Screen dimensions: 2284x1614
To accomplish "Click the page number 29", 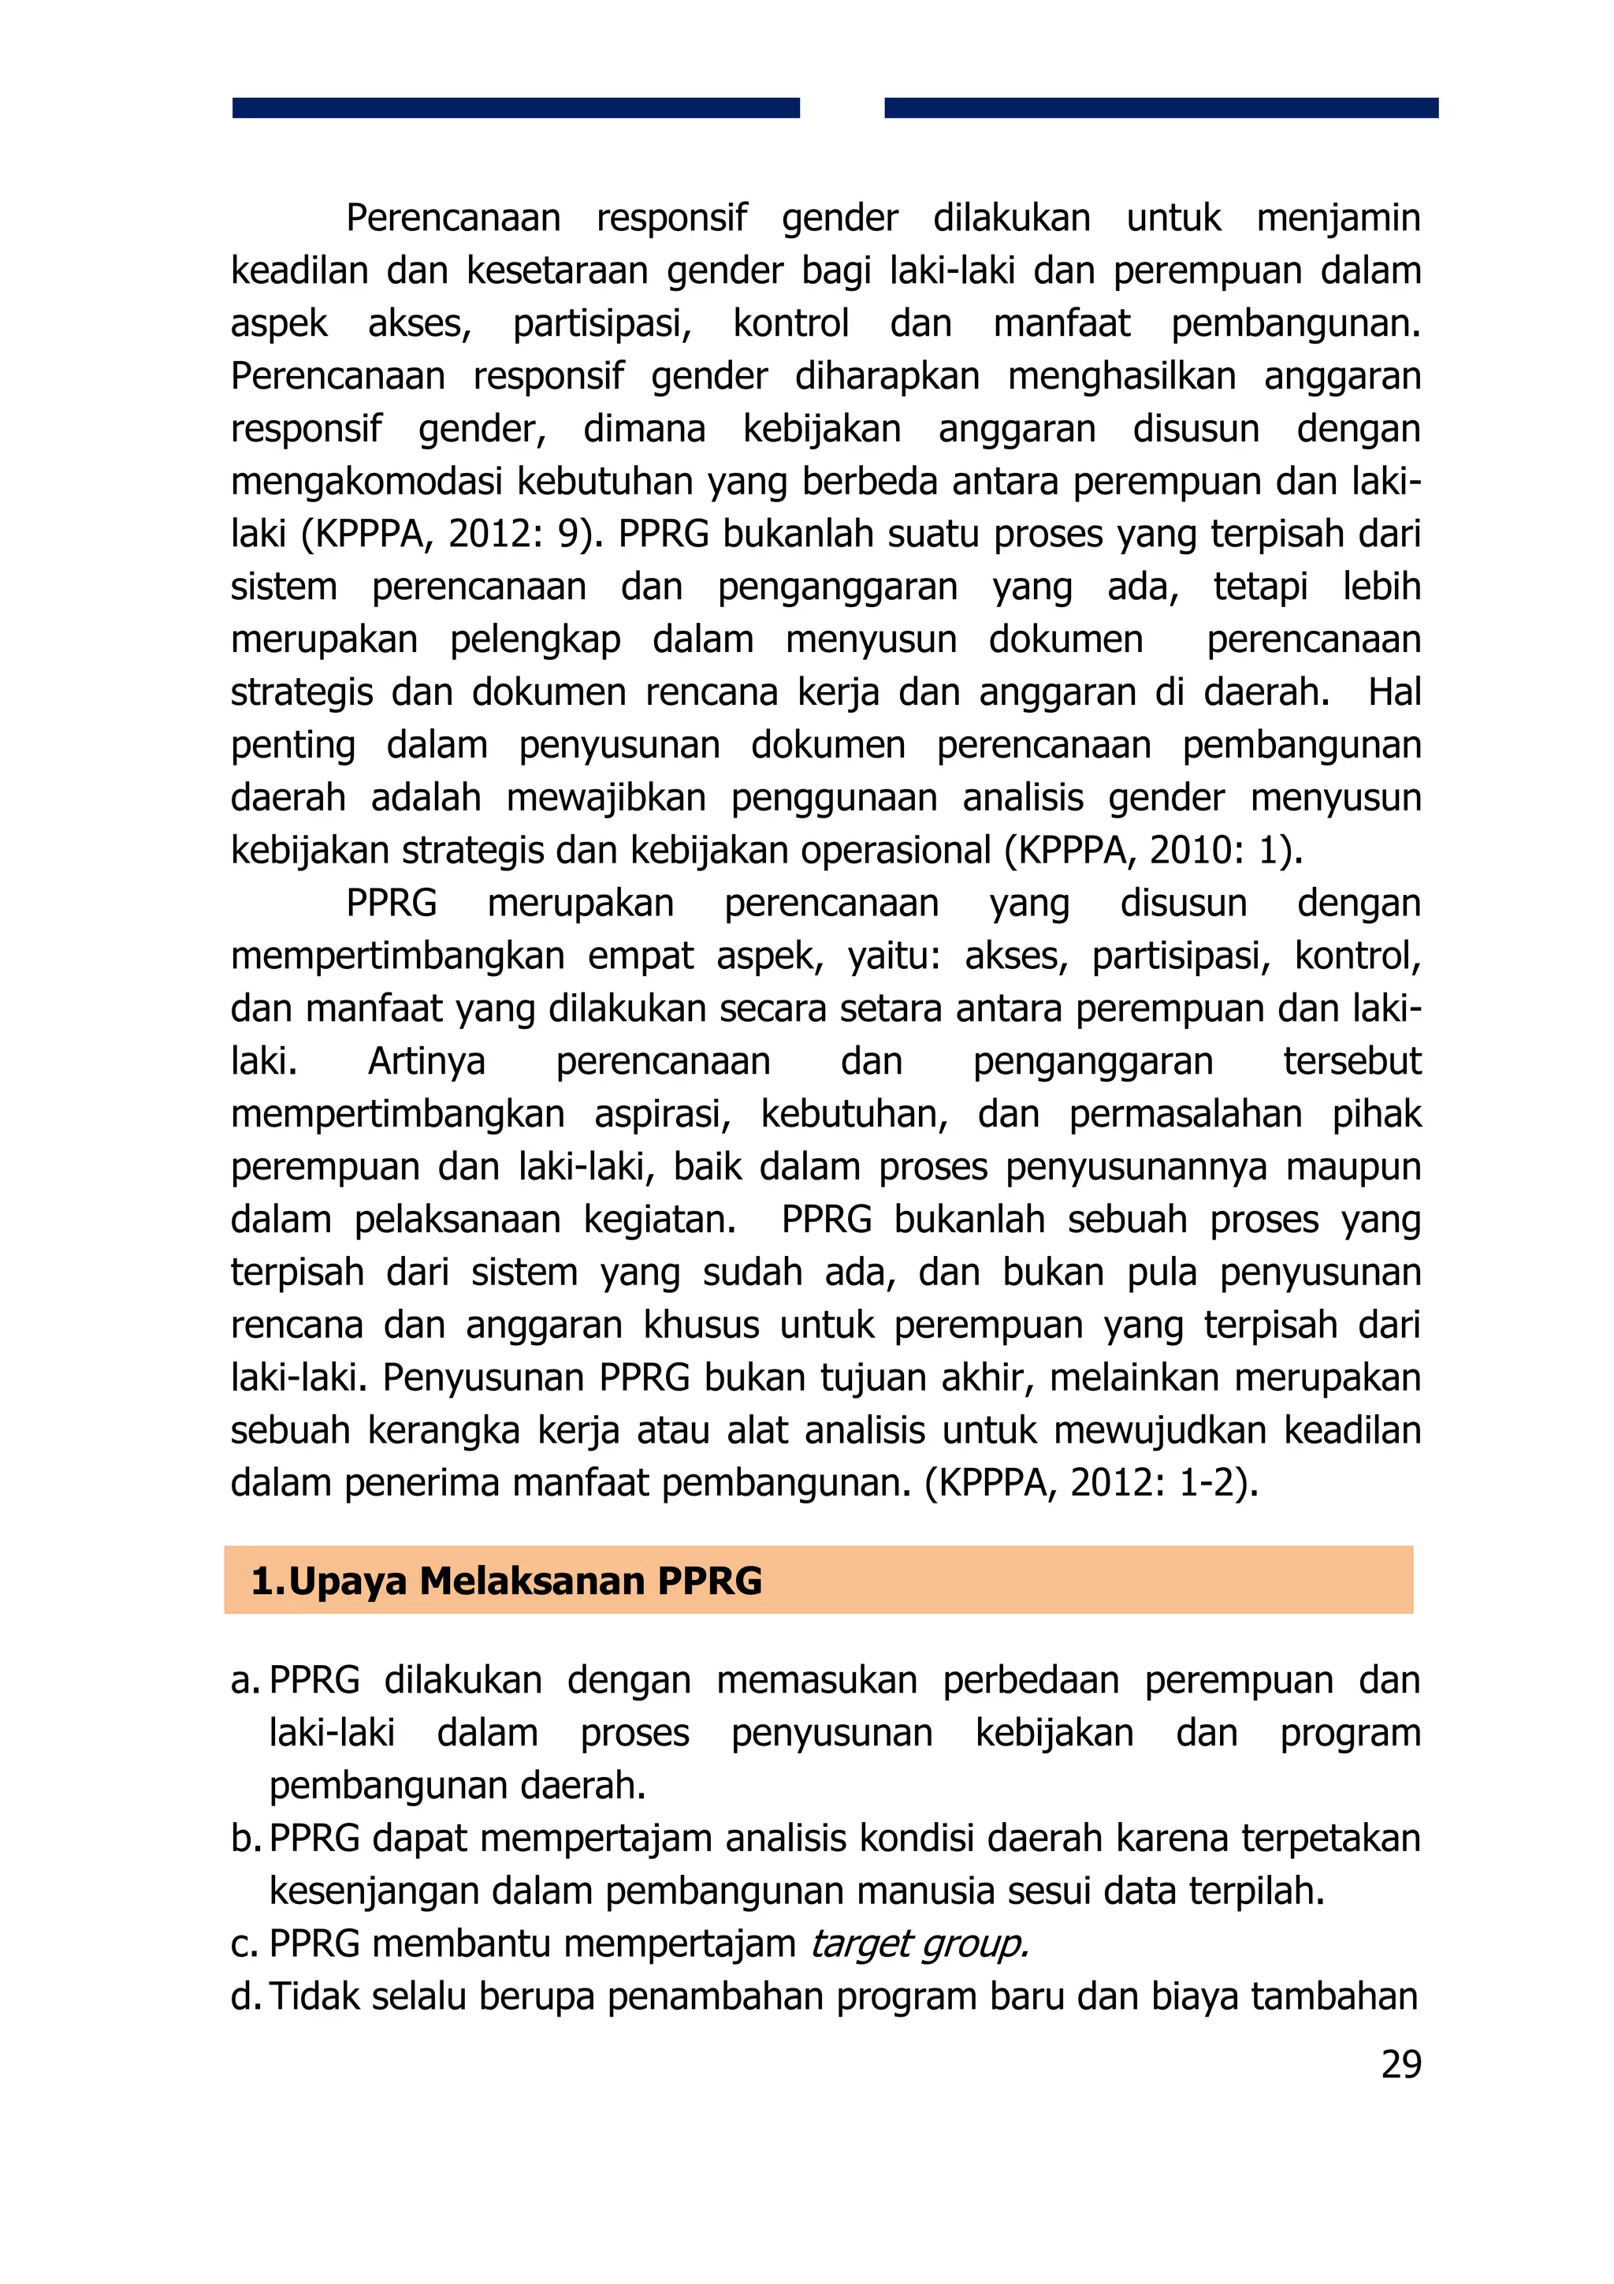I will (1400, 2064).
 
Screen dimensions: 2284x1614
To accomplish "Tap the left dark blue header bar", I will (515, 107).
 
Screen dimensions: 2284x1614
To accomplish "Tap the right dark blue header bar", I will (1161, 107).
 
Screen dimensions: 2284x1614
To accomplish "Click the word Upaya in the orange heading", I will (348, 1581).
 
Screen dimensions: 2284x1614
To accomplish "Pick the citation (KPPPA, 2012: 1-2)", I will (1091, 1483).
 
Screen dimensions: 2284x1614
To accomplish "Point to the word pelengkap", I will (535, 639).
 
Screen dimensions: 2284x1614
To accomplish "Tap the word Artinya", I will (426, 1061).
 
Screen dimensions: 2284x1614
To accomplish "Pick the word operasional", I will (895, 851).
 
